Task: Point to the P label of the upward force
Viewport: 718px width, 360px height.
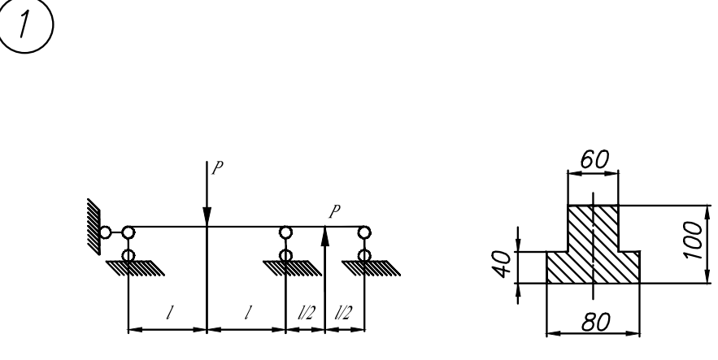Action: pos(333,212)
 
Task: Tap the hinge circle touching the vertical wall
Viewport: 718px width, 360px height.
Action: pos(105,232)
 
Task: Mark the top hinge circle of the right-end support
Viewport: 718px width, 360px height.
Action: pos(363,232)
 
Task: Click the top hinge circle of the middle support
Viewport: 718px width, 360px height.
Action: pos(285,232)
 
